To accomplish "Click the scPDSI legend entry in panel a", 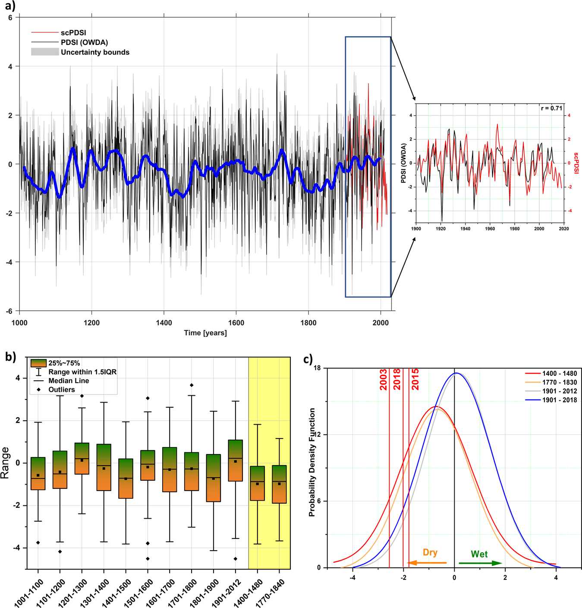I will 73,33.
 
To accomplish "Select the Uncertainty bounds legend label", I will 95,52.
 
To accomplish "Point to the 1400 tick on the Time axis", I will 164,322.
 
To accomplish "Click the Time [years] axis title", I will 205,333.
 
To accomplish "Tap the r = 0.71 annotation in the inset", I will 551,108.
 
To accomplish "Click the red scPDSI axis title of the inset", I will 576,163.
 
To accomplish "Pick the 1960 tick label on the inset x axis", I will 490,229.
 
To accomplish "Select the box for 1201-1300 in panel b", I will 82,458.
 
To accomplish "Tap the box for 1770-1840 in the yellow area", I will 280,484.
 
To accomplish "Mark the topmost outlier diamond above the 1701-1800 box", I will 192,385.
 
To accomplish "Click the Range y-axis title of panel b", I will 6,463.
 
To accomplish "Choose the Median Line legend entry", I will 68,381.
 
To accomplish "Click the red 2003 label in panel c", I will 383,380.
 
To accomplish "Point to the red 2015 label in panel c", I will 415,380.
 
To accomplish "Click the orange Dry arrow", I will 427,562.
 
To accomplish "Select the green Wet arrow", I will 480,563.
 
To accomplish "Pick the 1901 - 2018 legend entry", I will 559,400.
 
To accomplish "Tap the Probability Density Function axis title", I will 312,462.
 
